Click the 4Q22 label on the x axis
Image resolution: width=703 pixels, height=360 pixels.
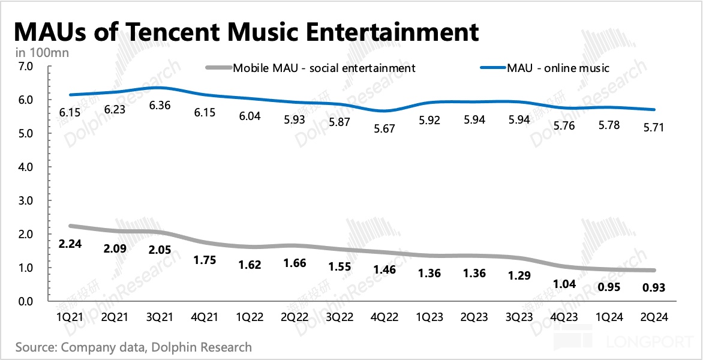point(384,316)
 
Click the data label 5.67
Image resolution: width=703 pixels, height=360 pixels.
point(384,128)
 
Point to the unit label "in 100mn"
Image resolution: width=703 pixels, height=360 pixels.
point(43,53)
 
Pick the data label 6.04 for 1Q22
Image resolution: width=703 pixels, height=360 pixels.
point(250,116)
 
